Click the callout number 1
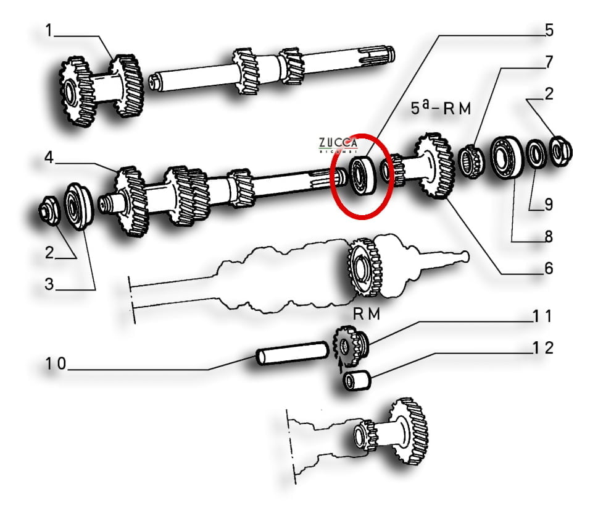tap(49, 30)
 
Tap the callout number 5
tap(549, 30)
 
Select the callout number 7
tap(549, 62)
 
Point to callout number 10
tap(56, 364)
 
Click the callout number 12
tap(543, 348)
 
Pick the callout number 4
tap(49, 157)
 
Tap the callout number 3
tap(49, 284)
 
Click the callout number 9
tap(549, 205)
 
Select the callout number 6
tap(549, 268)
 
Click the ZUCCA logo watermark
tap(338, 145)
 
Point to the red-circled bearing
tap(363, 176)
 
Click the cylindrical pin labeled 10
tap(293, 353)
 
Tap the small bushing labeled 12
tap(357, 381)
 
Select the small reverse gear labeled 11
tap(351, 346)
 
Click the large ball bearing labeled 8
tap(507, 157)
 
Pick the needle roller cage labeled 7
tap(472, 161)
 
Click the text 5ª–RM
tap(441, 108)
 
